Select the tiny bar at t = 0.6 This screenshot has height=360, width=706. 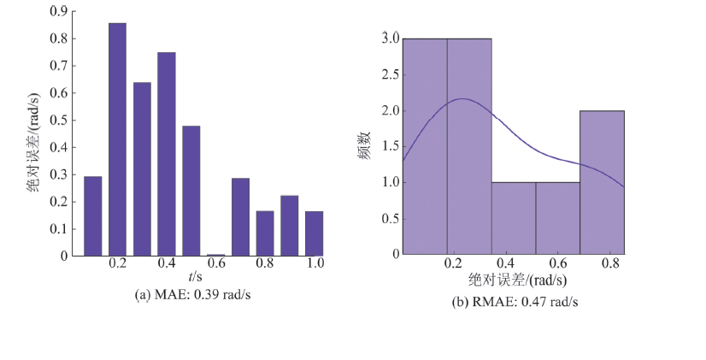click(216, 254)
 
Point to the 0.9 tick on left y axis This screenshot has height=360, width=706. click(60, 12)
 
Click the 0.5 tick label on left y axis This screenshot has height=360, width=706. click(60, 120)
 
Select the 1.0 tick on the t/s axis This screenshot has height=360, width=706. click(315, 264)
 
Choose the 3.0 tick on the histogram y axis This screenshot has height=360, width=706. click(390, 38)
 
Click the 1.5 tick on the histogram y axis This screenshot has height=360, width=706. click(390, 146)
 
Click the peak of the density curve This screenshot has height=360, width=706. click(462, 98)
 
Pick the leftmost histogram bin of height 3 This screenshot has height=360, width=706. click(425, 145)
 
